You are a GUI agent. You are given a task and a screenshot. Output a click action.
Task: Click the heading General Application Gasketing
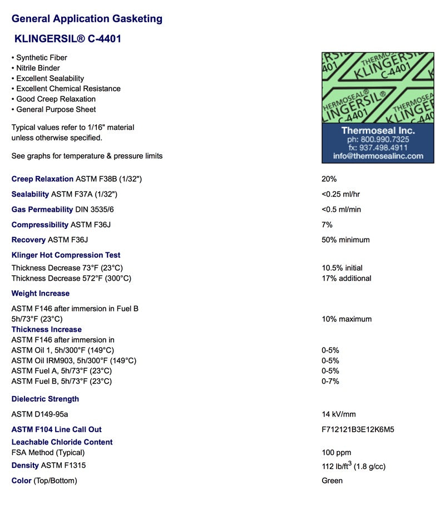[87, 19]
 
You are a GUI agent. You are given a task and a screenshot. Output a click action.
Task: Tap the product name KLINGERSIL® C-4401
[68, 39]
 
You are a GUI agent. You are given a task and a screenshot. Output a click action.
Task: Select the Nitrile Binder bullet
[38, 68]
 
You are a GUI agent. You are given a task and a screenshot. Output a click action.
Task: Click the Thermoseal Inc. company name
[378, 130]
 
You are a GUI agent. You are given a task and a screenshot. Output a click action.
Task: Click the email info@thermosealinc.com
[378, 156]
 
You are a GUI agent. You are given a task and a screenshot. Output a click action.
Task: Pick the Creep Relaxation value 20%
[329, 179]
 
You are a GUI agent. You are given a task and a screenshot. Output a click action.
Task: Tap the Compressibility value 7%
[327, 224]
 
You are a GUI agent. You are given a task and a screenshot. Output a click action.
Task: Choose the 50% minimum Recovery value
[345, 240]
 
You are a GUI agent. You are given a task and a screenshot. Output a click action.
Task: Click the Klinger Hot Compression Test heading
[66, 255]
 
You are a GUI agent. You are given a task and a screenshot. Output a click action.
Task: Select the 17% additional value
[346, 279]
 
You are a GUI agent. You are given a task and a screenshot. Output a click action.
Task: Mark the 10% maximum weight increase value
[347, 319]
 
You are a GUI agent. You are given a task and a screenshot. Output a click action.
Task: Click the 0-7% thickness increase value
[330, 382]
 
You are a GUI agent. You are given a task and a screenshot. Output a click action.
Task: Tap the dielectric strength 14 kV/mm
[339, 414]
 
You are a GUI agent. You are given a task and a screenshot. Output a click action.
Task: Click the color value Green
[332, 481]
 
